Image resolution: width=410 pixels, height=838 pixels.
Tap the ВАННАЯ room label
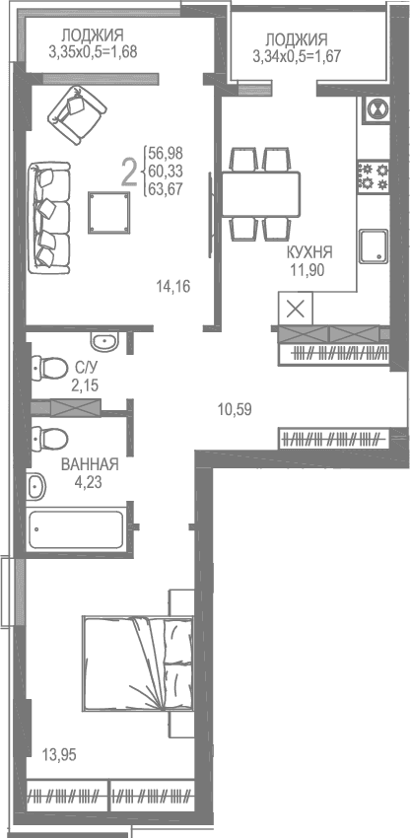click(90, 464)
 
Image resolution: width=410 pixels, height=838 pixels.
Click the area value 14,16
click(172, 287)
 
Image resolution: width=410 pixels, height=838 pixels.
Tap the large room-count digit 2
click(128, 173)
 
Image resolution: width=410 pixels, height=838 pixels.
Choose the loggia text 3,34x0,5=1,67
click(297, 56)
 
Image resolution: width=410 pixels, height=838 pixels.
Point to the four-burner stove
click(372, 175)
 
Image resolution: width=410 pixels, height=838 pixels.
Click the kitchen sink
click(373, 244)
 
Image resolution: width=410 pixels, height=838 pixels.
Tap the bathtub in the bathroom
click(76, 529)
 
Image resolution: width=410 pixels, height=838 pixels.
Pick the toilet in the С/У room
click(46, 368)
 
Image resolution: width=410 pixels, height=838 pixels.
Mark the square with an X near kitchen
click(297, 309)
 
